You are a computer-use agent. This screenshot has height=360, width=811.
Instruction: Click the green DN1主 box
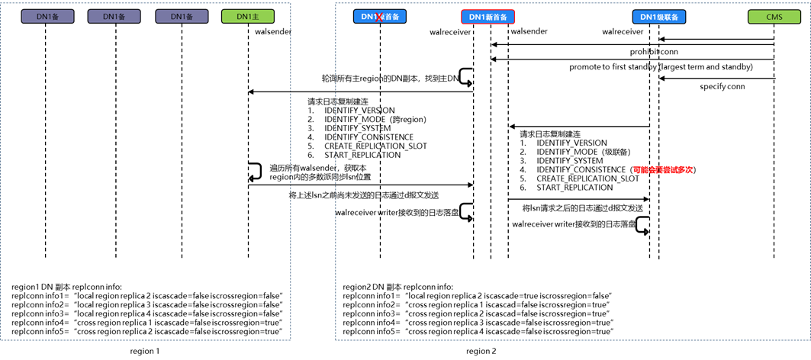pos(248,17)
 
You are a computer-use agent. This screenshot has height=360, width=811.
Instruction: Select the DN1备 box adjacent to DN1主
pos(182,17)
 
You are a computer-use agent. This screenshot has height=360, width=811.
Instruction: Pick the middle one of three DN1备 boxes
pos(114,17)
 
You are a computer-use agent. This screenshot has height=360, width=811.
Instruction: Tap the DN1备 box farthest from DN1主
pos(47,17)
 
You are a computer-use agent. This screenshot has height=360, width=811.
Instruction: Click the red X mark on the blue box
pos(378,17)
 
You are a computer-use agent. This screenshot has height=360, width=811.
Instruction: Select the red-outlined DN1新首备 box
pos(488,17)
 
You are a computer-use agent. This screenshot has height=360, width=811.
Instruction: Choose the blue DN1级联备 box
pos(659,18)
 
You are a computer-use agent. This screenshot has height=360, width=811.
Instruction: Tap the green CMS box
pos(774,18)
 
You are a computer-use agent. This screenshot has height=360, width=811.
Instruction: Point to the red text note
pos(662,170)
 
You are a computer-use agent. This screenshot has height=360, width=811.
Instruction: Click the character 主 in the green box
pos(256,17)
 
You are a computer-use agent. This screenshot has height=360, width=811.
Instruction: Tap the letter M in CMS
pos(774,18)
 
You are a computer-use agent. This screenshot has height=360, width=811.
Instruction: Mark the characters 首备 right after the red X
pos(391,17)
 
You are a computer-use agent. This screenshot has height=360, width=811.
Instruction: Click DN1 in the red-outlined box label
pos(477,17)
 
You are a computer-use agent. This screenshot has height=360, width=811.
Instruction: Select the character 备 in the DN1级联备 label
pos(675,18)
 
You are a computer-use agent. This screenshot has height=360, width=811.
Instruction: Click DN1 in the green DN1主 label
pos(243,17)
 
